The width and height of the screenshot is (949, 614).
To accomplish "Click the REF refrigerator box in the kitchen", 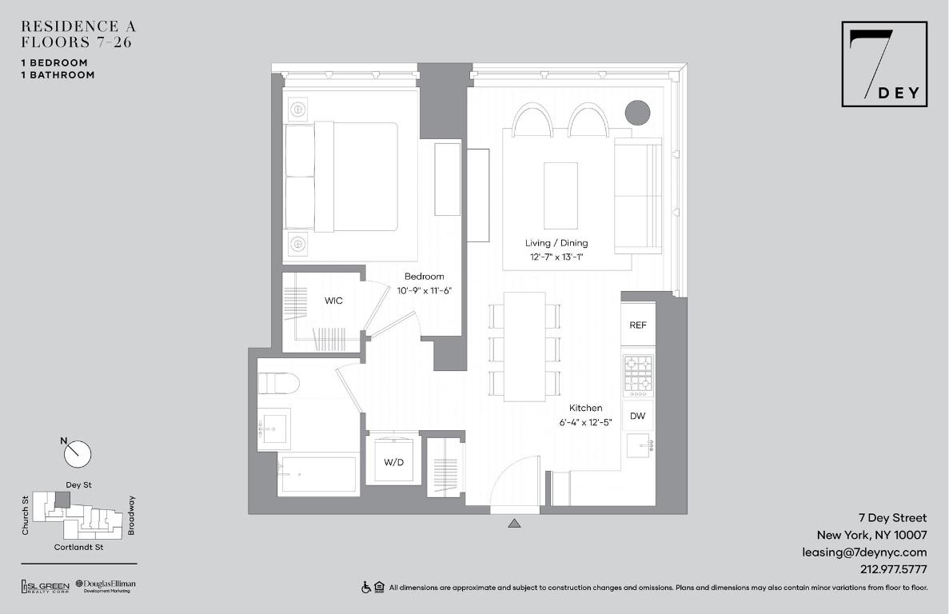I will pyautogui.click(x=638, y=325).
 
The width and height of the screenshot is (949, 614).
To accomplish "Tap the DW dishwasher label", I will pyautogui.click(x=637, y=416).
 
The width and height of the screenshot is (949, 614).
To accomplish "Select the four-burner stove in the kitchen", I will pyautogui.click(x=639, y=376).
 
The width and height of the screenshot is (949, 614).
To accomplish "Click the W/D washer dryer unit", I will pyautogui.click(x=393, y=460).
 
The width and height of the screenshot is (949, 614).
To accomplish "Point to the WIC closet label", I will pyautogui.click(x=333, y=301).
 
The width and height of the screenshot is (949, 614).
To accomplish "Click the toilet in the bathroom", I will pyautogui.click(x=279, y=385).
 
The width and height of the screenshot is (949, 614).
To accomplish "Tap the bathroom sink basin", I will pyautogui.click(x=273, y=429).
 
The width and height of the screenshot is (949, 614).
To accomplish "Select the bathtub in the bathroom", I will pyautogui.click(x=317, y=475).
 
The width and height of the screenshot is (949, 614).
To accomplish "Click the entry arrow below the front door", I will pyautogui.click(x=514, y=524).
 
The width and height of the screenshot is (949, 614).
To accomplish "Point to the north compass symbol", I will pyautogui.click(x=78, y=453).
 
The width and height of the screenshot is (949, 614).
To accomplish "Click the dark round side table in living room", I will pyautogui.click(x=637, y=113).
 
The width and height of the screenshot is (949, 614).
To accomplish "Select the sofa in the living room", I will pyautogui.click(x=638, y=194).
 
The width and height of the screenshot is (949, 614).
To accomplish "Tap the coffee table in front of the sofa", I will pyautogui.click(x=560, y=196).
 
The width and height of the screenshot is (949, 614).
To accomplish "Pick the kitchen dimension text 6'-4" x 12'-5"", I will pyautogui.click(x=585, y=422).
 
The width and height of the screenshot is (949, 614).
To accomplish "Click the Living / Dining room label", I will pyautogui.click(x=556, y=243).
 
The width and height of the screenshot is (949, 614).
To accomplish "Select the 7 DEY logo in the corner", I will pyautogui.click(x=884, y=64).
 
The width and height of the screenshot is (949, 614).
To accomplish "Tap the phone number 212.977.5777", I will pyautogui.click(x=894, y=569).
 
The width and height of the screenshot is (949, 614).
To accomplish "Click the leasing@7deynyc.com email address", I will pyautogui.click(x=864, y=552).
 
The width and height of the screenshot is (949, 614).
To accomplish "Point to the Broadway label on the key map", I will pyautogui.click(x=131, y=516).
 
